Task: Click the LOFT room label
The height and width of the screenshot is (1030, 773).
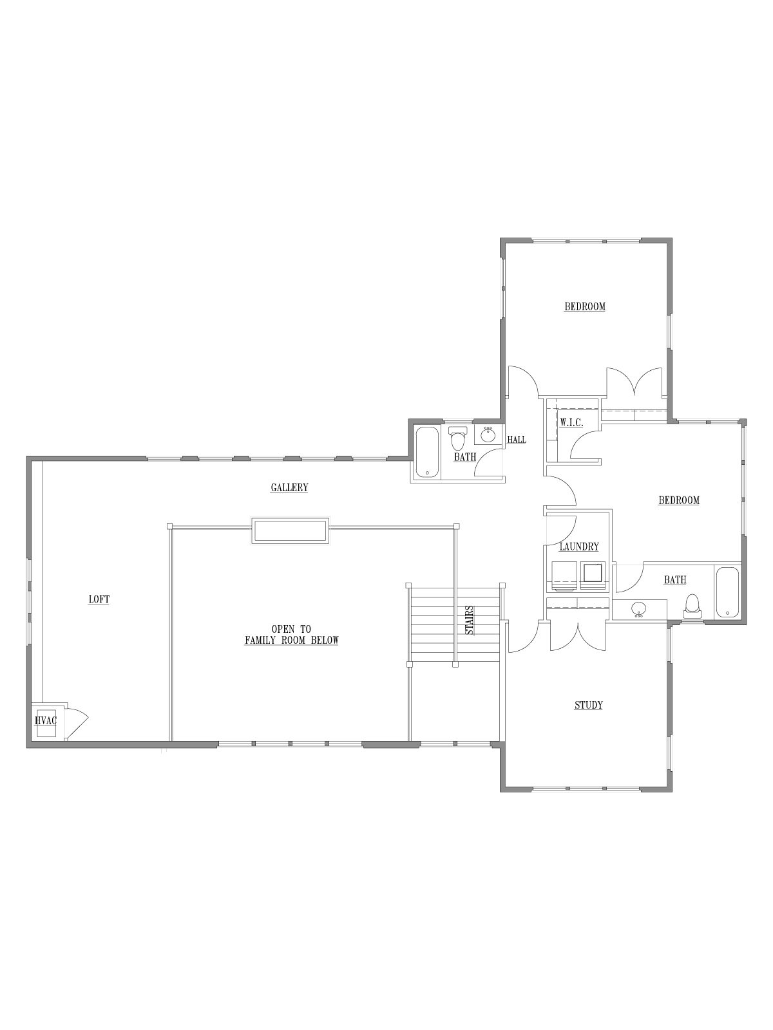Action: [99, 599]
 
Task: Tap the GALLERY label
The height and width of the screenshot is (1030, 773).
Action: [290, 487]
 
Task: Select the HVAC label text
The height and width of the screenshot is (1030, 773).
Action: [46, 720]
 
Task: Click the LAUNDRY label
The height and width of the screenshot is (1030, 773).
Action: [579, 547]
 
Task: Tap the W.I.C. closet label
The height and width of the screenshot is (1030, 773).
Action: [571, 423]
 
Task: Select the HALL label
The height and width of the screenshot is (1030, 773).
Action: [516, 440]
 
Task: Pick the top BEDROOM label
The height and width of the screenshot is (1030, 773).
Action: [585, 307]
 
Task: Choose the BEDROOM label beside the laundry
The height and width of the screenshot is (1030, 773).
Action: [679, 500]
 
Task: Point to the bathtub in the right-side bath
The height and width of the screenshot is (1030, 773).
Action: [727, 593]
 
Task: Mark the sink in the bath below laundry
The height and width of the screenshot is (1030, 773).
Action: [638, 609]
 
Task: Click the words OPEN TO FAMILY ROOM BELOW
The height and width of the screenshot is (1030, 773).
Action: [291, 635]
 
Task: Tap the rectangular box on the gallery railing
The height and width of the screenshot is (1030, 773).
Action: [290, 530]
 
